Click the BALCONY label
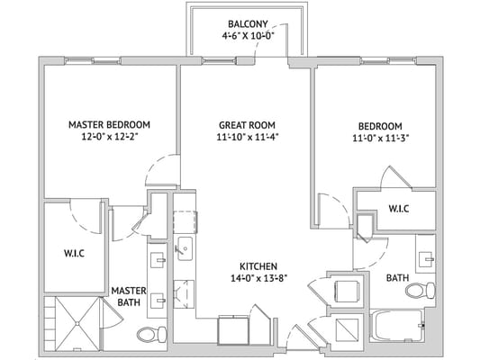tap(246, 23)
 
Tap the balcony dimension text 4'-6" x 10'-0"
tap(246, 37)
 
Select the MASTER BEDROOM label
tap(109, 124)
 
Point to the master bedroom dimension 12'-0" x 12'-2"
tap(109, 138)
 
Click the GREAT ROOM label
tap(246, 124)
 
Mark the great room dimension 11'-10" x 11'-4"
tap(246, 138)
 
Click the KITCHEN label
tap(258, 266)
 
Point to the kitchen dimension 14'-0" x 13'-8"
tap(258, 280)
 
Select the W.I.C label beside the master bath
tap(74, 253)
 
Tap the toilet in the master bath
tap(149, 335)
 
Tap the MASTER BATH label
tap(129, 296)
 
